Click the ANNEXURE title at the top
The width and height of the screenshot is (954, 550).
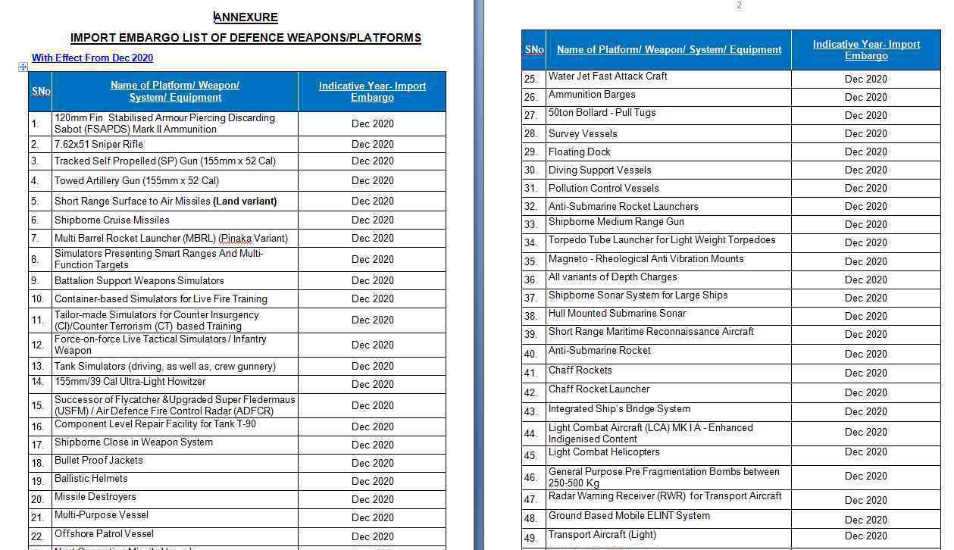[246, 17]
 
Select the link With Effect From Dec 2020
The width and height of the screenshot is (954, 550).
[92, 58]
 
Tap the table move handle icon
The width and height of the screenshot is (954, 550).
[23, 67]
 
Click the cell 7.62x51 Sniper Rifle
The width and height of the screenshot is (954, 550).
[99, 144]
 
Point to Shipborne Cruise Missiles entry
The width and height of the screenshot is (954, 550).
[111, 220]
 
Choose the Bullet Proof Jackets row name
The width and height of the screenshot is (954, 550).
[99, 461]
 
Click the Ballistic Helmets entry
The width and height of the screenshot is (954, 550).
[91, 479]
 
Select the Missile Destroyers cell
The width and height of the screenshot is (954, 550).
[95, 497]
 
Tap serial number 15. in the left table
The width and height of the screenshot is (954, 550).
[37, 405]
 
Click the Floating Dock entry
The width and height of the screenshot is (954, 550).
[579, 152]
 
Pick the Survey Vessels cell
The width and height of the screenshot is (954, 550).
[583, 133]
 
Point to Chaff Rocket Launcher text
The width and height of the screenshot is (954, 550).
[599, 389]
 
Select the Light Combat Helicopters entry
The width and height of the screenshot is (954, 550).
[604, 452]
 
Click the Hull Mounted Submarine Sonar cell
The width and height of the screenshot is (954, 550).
[617, 314]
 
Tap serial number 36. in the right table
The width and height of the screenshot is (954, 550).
[530, 280]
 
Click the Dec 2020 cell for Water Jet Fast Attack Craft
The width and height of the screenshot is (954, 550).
[865, 79]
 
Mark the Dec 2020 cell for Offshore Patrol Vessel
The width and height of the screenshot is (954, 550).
[372, 536]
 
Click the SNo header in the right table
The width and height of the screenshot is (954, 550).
[534, 50]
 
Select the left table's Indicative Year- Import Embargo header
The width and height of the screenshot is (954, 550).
[372, 92]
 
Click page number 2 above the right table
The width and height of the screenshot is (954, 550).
[739, 5]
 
